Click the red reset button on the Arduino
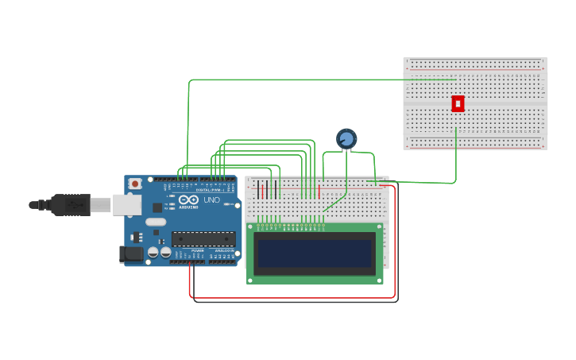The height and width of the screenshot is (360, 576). point(135,184)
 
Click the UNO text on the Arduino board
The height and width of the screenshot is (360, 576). point(212,200)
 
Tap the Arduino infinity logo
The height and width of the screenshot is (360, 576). point(187,201)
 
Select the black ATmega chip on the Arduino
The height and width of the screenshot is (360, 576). point(203,238)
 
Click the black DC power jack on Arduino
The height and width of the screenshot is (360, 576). point(130,254)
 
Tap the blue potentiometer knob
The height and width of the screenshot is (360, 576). point(346,140)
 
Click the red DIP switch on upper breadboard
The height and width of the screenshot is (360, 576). point(458,103)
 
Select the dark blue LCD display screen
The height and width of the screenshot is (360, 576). point(315,254)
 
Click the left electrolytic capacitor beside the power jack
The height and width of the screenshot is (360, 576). point(153,253)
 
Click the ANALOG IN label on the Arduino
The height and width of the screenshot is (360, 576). point(225,251)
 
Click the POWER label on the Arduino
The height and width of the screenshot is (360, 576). point(197,251)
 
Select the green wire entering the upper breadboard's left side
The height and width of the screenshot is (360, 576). point(318,79)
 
